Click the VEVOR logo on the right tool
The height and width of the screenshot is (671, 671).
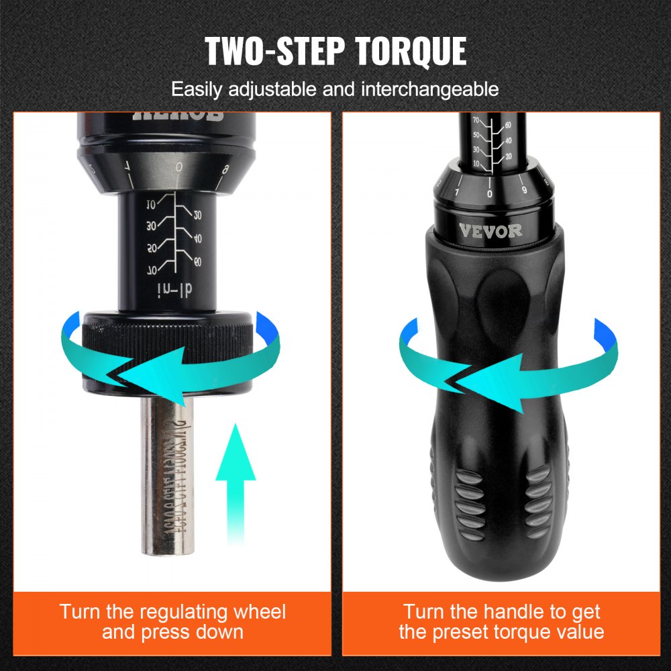490,230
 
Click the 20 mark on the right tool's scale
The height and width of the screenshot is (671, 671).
508,156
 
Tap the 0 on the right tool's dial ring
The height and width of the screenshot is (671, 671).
490,193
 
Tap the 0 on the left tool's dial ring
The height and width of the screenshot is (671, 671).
178,167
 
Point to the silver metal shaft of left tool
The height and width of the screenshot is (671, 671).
167,483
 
